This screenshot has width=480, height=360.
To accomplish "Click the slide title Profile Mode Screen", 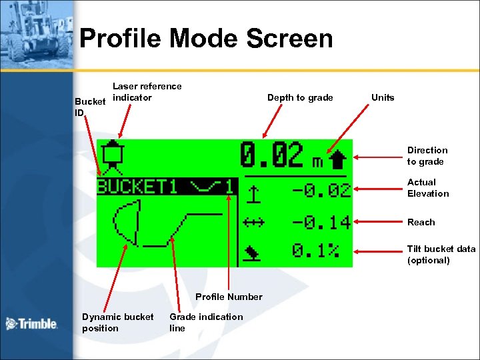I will pos(206,39).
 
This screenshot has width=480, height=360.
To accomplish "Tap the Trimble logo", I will pos(31,324).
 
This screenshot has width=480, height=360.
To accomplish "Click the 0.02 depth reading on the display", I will pos(271,156).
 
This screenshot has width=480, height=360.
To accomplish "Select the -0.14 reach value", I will pos(321,222).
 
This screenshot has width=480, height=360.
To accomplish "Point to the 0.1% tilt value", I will pos(316,251).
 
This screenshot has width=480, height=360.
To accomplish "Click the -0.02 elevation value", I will pos(321,191).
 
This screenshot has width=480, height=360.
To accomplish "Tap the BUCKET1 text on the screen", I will pos(137,186).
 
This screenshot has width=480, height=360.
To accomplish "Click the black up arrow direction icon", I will pos(338,159).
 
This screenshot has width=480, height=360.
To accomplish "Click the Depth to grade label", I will pos(300,98).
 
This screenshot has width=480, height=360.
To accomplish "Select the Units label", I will pos(383,97).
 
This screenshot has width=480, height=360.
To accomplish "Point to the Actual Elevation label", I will pos(428,188).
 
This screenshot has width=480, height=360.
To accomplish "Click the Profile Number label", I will pos(229,297).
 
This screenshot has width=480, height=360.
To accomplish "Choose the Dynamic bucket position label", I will pos(117,323).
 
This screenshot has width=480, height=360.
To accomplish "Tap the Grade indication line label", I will pos(206,323).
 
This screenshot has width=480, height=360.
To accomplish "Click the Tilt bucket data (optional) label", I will pos(441,255).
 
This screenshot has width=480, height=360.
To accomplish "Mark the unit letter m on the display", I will pos(319,162).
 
